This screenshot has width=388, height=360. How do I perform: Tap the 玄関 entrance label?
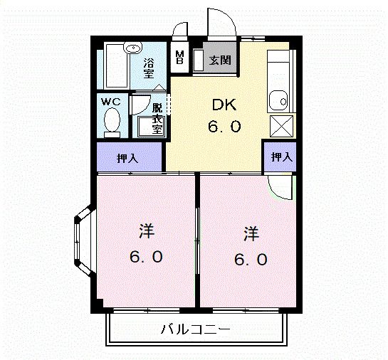tap(219, 60)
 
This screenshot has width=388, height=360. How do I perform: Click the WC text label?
tap(110, 102)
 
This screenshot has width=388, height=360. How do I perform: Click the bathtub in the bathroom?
tap(115, 68)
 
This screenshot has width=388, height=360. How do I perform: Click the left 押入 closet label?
tap(128, 158)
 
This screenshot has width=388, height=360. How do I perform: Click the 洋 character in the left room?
tap(147, 232)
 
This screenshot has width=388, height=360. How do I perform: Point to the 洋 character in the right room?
tap(250, 233)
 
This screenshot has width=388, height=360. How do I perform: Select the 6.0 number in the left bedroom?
tap(147, 257)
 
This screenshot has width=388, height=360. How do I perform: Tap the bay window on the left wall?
tap(83, 241)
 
